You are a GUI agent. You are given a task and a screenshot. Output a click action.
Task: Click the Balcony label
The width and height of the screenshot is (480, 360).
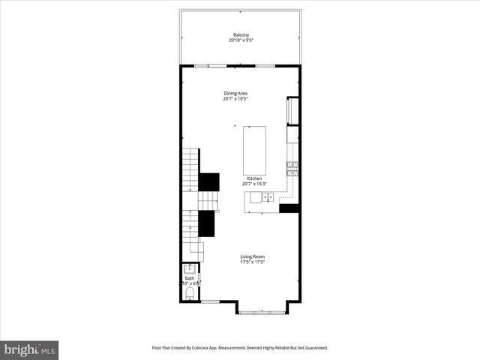(x=241, y=34)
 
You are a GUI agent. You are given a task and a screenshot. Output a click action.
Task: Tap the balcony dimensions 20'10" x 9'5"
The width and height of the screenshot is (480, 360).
(x=241, y=40)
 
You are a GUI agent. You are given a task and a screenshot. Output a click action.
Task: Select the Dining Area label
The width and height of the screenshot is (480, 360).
(x=235, y=93)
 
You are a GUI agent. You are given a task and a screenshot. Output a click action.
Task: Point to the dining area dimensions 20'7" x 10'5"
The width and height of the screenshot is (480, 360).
(x=235, y=99)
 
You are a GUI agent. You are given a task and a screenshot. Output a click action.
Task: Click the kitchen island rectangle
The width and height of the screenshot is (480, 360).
(x=253, y=150)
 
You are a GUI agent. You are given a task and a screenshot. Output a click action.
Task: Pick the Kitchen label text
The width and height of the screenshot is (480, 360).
(x=254, y=178)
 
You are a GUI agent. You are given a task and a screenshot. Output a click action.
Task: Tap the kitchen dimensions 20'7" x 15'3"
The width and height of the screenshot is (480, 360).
(x=254, y=184)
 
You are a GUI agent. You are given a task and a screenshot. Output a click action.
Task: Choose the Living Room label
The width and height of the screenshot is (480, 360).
(x=252, y=256)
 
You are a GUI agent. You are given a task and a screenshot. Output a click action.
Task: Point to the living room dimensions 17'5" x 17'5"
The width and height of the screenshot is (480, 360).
(x=252, y=262)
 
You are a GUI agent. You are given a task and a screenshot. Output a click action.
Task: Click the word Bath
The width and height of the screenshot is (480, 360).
(x=189, y=278)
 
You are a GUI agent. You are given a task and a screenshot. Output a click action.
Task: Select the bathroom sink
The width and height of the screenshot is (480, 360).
(x=190, y=268)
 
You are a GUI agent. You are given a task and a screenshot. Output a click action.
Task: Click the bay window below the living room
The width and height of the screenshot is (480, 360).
(x=262, y=308)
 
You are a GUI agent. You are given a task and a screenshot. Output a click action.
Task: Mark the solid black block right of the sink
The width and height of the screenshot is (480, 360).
(x=289, y=208)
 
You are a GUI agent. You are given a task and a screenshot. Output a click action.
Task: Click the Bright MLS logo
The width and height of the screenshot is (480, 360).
(x=29, y=349)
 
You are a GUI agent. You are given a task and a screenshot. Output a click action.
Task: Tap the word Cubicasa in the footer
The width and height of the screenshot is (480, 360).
(x=212, y=348)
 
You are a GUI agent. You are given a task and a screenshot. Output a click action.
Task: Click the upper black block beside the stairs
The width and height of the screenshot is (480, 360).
(x=209, y=182)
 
